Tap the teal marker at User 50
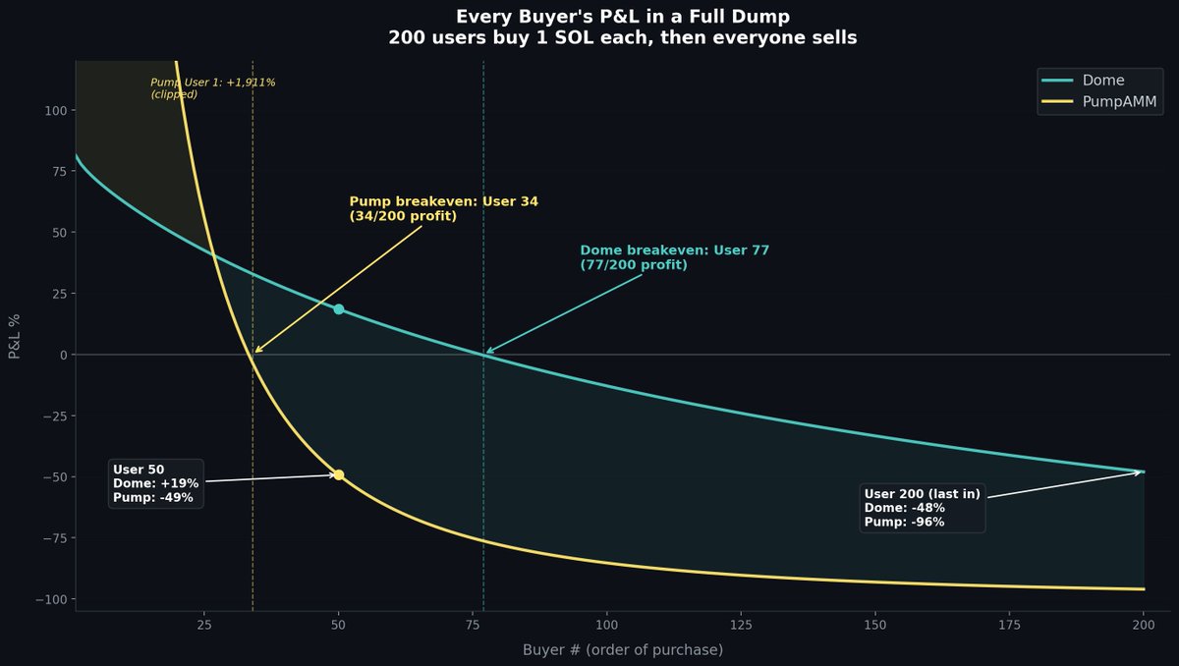339,309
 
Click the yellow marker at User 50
339,474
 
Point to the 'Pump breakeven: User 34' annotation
443,208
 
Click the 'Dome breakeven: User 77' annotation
674,257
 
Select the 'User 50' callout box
156,483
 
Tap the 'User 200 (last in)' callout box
923,508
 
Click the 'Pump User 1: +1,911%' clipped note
212,88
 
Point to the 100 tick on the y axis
55,110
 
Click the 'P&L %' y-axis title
15,336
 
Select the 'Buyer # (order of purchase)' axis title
623,650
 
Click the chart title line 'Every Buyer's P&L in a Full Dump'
623,17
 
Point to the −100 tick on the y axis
51,599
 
